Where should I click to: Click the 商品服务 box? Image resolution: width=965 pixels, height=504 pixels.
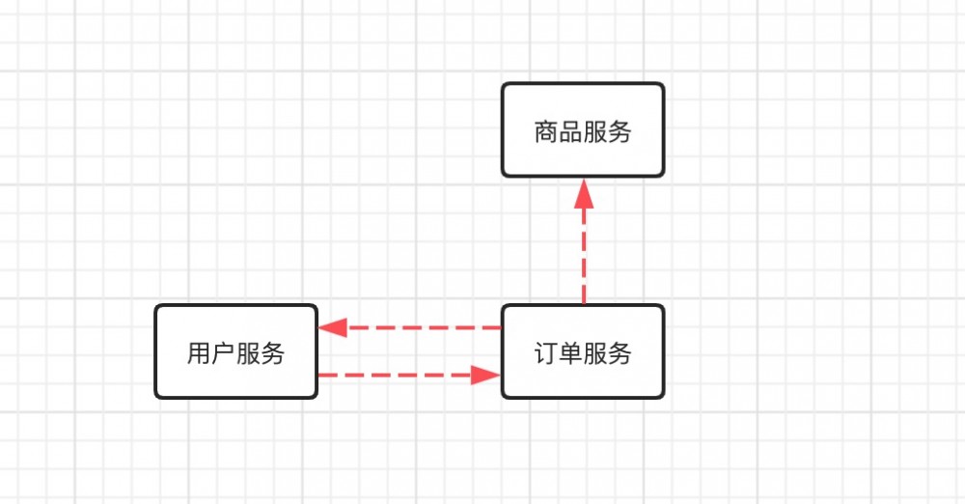click(583, 130)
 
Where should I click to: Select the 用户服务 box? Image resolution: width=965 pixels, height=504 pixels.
click(235, 351)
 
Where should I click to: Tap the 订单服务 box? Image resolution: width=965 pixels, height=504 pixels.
click(583, 351)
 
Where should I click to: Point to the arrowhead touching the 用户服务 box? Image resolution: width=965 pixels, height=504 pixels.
click(333, 327)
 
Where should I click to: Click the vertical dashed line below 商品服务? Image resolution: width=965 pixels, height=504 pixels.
click(583, 256)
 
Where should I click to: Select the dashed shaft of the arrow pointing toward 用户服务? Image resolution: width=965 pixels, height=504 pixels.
click(425, 327)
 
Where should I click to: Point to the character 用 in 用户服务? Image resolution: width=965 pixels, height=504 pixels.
click(199, 353)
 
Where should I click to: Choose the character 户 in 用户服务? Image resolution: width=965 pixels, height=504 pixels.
click(223, 353)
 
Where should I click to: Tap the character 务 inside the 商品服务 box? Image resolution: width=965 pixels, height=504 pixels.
click(620, 131)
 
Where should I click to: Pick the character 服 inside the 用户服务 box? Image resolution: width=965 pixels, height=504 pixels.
click(248, 353)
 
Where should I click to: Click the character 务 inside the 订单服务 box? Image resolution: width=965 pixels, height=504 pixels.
click(620, 353)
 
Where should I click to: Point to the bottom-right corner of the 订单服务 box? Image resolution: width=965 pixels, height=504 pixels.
click(662, 396)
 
